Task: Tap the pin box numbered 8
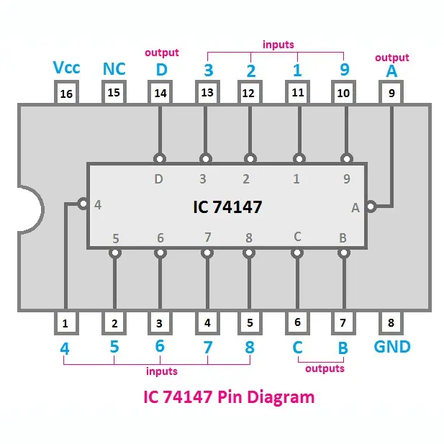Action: (391, 323)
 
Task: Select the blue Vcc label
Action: (67, 68)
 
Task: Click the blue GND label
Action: (392, 347)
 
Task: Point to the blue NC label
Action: (114, 69)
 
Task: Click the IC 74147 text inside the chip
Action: (227, 207)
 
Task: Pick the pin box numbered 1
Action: (65, 323)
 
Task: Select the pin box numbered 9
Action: (391, 94)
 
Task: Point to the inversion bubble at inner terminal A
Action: (371, 207)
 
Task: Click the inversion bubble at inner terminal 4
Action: (84, 204)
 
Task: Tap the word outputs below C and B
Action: (325, 368)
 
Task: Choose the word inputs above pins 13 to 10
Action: (278, 45)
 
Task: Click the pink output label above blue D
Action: (162, 53)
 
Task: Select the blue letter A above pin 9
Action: (391, 71)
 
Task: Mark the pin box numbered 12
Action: (250, 94)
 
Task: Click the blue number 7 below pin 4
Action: (208, 348)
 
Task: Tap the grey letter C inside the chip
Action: (297, 236)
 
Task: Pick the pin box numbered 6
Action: (297, 323)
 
